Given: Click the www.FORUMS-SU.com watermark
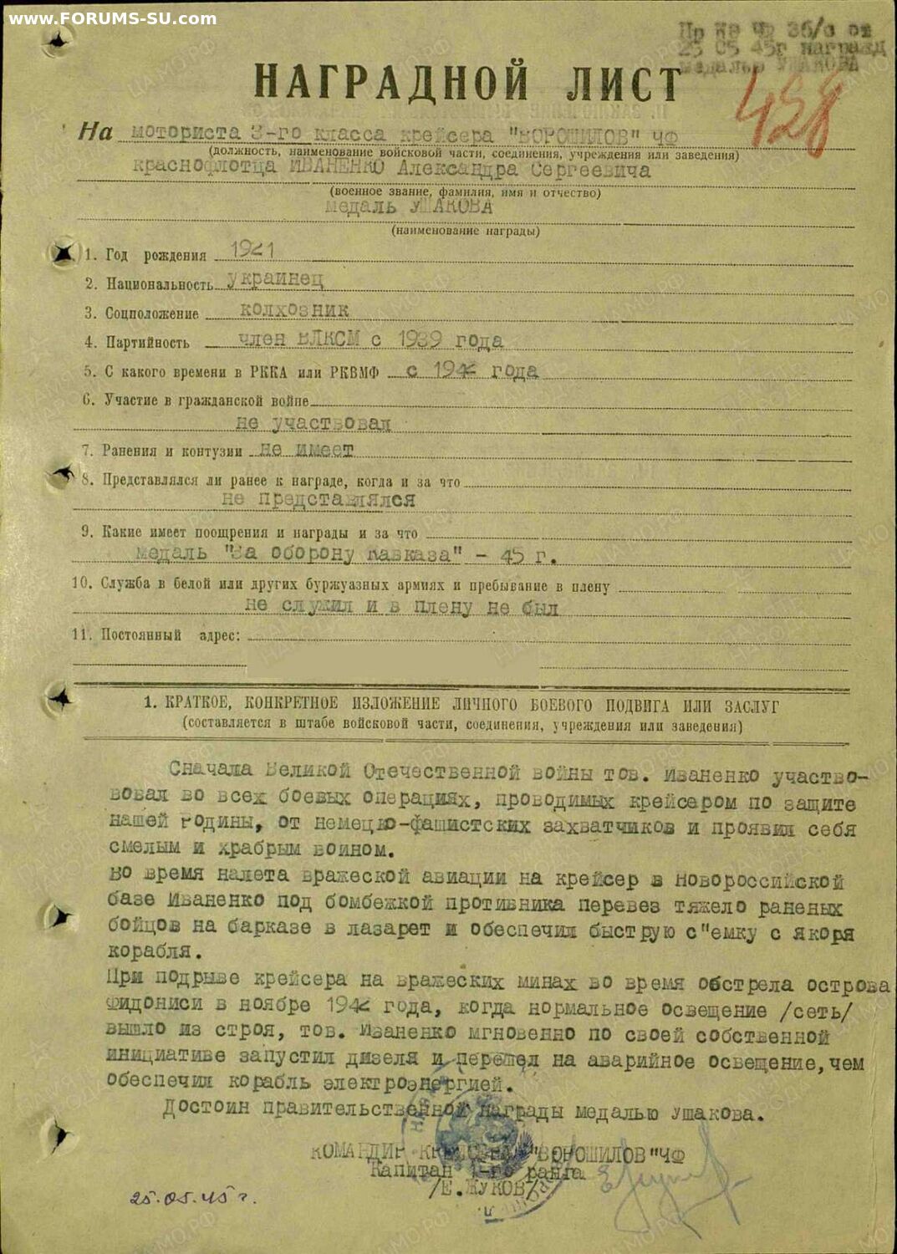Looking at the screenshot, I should coord(112,18).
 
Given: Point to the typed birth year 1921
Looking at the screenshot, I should coord(252,249).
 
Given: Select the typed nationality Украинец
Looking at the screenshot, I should coord(276,279).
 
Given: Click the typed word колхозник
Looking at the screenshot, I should coord(294,310).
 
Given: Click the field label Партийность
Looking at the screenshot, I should coord(147,342).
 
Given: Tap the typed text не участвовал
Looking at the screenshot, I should coord(313,423).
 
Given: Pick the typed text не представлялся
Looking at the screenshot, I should coord(319,500).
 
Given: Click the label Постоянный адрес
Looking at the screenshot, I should coord(171,635).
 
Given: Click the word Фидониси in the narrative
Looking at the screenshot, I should coord(154,1004).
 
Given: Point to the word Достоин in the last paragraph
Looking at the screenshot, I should coord(206,1109).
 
